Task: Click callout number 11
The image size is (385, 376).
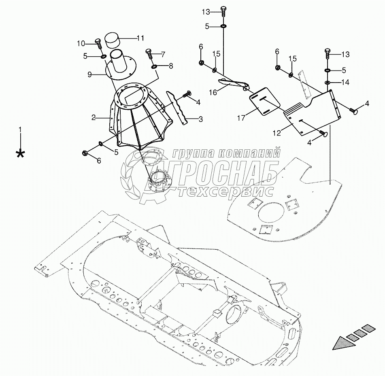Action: (x=140, y=38)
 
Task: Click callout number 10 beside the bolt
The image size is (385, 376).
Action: (x=81, y=43)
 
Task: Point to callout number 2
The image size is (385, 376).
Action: (x=93, y=117)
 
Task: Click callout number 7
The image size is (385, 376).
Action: (x=163, y=54)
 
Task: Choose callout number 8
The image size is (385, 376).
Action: (x=170, y=65)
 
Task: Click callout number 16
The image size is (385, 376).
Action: (x=213, y=92)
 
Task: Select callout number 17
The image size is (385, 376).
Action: (x=242, y=118)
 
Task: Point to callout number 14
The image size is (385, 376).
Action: (x=345, y=83)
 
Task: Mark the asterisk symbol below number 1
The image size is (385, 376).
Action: (x=19, y=153)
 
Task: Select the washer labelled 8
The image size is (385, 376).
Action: (x=155, y=66)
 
